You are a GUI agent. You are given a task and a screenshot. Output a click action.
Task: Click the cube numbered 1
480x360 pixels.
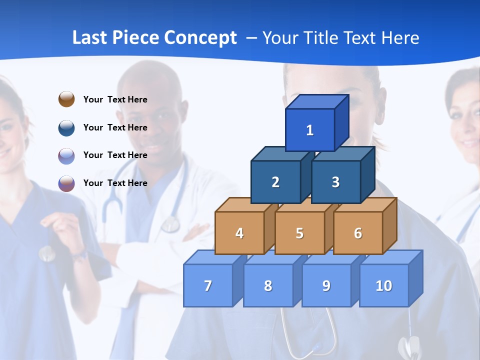pos(310,130)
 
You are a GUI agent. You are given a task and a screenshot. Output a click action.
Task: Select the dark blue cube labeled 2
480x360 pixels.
pos(275,182)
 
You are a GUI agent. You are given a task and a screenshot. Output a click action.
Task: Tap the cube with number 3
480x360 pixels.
pos(335,182)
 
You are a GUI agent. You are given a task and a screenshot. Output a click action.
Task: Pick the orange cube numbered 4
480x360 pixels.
pos(239,233)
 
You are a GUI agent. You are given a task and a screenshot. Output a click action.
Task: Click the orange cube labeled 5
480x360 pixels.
pos(299,233)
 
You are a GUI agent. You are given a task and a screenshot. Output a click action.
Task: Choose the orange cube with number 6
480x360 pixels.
pos(358,233)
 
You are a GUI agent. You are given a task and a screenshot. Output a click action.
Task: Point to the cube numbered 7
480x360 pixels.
pos(208,285)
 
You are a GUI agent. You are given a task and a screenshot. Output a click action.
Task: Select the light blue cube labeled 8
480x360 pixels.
pos(268,285)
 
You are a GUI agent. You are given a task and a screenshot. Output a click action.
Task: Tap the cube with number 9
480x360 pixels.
pos(326,285)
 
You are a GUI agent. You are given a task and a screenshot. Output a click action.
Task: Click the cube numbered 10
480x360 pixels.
pos(384,285)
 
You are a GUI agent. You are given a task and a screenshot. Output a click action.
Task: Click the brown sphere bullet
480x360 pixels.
pos(66,99)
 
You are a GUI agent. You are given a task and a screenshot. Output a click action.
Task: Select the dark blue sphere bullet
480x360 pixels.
pos(66,127)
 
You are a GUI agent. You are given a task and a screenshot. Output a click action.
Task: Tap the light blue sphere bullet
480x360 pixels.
pos(66,155)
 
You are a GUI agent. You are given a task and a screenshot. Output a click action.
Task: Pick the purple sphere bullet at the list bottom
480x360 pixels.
pos(66,183)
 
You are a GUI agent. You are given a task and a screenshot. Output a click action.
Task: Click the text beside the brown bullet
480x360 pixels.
pos(115,99)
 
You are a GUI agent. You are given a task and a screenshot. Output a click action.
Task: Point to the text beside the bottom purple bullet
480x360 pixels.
pos(115,183)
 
